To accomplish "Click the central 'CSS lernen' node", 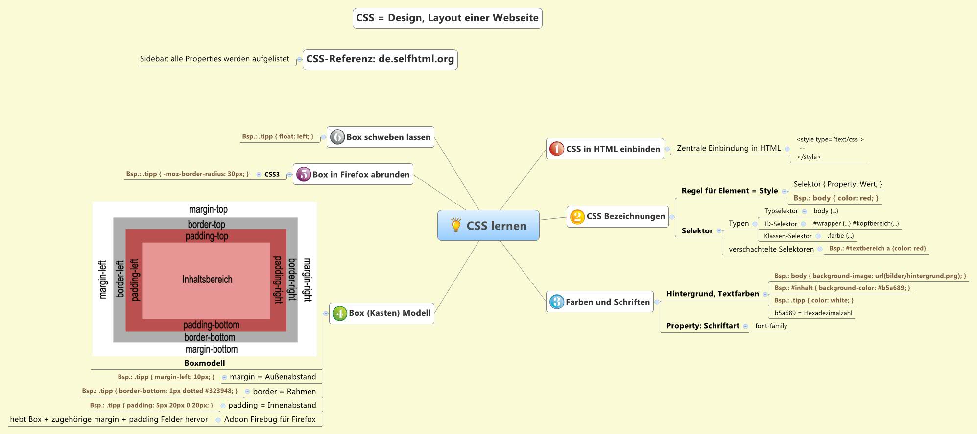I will [496, 226].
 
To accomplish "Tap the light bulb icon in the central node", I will [456, 225].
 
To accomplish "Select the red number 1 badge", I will [556, 149].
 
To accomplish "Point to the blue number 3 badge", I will [556, 302].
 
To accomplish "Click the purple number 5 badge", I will [304, 174].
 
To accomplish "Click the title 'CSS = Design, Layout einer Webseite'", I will [447, 18].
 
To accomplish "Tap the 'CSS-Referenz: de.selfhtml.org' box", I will [380, 59].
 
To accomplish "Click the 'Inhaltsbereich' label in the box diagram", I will [207, 280].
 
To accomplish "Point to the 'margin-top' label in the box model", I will [208, 209].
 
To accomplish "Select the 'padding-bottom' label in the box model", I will [211, 325].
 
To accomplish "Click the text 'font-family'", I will [771, 326].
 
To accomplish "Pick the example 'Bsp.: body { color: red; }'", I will [835, 198].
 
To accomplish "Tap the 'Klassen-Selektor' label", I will [787, 236].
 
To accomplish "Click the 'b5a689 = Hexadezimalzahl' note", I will [813, 313].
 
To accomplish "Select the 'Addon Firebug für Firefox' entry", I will [270, 419].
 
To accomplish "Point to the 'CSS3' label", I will [272, 174].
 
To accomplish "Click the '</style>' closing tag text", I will [809, 157].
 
